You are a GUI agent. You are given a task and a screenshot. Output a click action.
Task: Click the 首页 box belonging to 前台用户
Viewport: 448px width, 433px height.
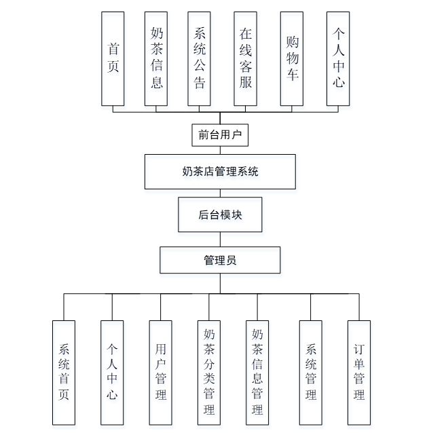(113, 58)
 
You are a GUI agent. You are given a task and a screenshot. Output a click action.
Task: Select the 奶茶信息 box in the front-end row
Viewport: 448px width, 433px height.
(156, 58)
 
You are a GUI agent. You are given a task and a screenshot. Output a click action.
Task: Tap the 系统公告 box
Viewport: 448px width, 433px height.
(200, 58)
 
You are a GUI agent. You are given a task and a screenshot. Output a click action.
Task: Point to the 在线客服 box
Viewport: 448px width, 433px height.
(245, 58)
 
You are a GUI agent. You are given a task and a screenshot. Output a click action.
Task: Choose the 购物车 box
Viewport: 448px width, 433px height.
(291, 58)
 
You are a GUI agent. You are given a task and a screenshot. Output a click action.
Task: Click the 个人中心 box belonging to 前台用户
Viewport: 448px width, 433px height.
(337, 58)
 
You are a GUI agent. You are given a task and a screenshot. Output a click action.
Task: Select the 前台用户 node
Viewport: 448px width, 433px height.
(219, 135)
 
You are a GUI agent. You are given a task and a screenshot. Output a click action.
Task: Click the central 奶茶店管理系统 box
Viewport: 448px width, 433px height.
(220, 171)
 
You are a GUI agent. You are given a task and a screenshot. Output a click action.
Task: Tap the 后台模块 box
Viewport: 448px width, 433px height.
(220, 215)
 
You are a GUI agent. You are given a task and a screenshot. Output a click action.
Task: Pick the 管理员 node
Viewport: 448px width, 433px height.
(220, 260)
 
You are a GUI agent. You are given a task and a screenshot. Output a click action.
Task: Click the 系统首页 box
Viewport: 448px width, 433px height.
(64, 372)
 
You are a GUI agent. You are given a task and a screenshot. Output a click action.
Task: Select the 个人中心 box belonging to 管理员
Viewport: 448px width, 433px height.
(112, 372)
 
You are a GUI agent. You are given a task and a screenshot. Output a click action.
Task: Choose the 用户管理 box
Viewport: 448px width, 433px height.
(160, 372)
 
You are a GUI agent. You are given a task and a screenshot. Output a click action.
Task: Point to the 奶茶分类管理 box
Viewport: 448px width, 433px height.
(208, 372)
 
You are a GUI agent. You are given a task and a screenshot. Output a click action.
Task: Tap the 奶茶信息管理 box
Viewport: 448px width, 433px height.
(257, 372)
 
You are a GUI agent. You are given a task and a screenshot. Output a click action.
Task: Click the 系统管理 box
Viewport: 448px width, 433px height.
(311, 372)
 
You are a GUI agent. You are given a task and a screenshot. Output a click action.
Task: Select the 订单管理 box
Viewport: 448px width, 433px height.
(359, 372)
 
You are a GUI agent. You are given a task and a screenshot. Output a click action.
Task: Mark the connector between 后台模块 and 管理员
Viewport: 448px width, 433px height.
(220, 240)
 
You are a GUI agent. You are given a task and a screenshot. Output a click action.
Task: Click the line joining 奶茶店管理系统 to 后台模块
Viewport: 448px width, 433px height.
(220, 193)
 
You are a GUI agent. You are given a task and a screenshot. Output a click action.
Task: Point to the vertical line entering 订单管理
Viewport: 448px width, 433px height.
(359, 307)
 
